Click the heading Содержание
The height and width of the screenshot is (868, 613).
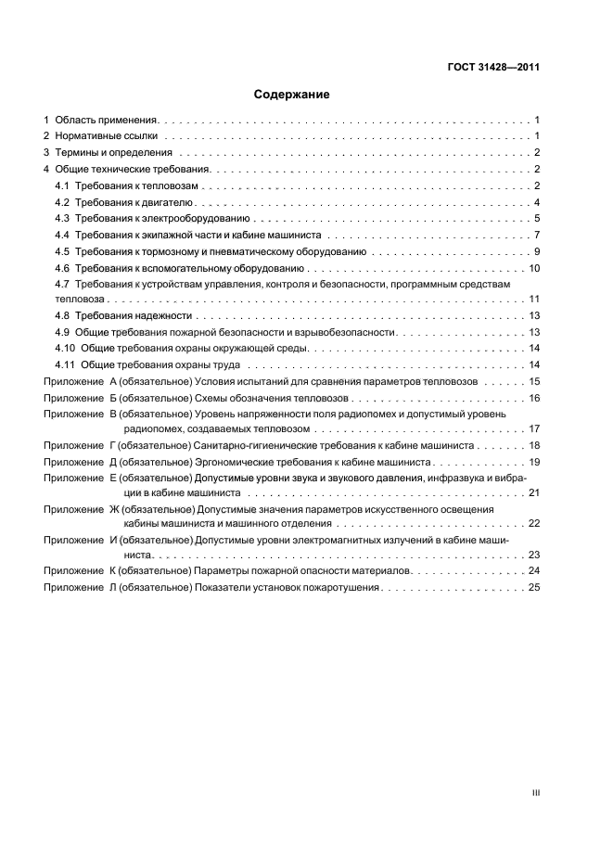point(292,95)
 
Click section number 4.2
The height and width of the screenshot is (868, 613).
point(62,202)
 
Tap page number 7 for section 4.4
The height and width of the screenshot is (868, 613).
point(537,236)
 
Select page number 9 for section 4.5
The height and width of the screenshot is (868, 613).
point(537,252)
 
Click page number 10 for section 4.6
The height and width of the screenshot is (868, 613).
point(534,268)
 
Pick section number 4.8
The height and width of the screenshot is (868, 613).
point(62,316)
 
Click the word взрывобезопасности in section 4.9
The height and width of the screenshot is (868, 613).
point(349,332)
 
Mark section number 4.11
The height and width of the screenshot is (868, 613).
point(65,364)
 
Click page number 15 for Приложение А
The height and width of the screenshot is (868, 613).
point(534,381)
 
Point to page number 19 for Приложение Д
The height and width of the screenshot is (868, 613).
point(534,461)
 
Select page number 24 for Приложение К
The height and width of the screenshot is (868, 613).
point(534,571)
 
